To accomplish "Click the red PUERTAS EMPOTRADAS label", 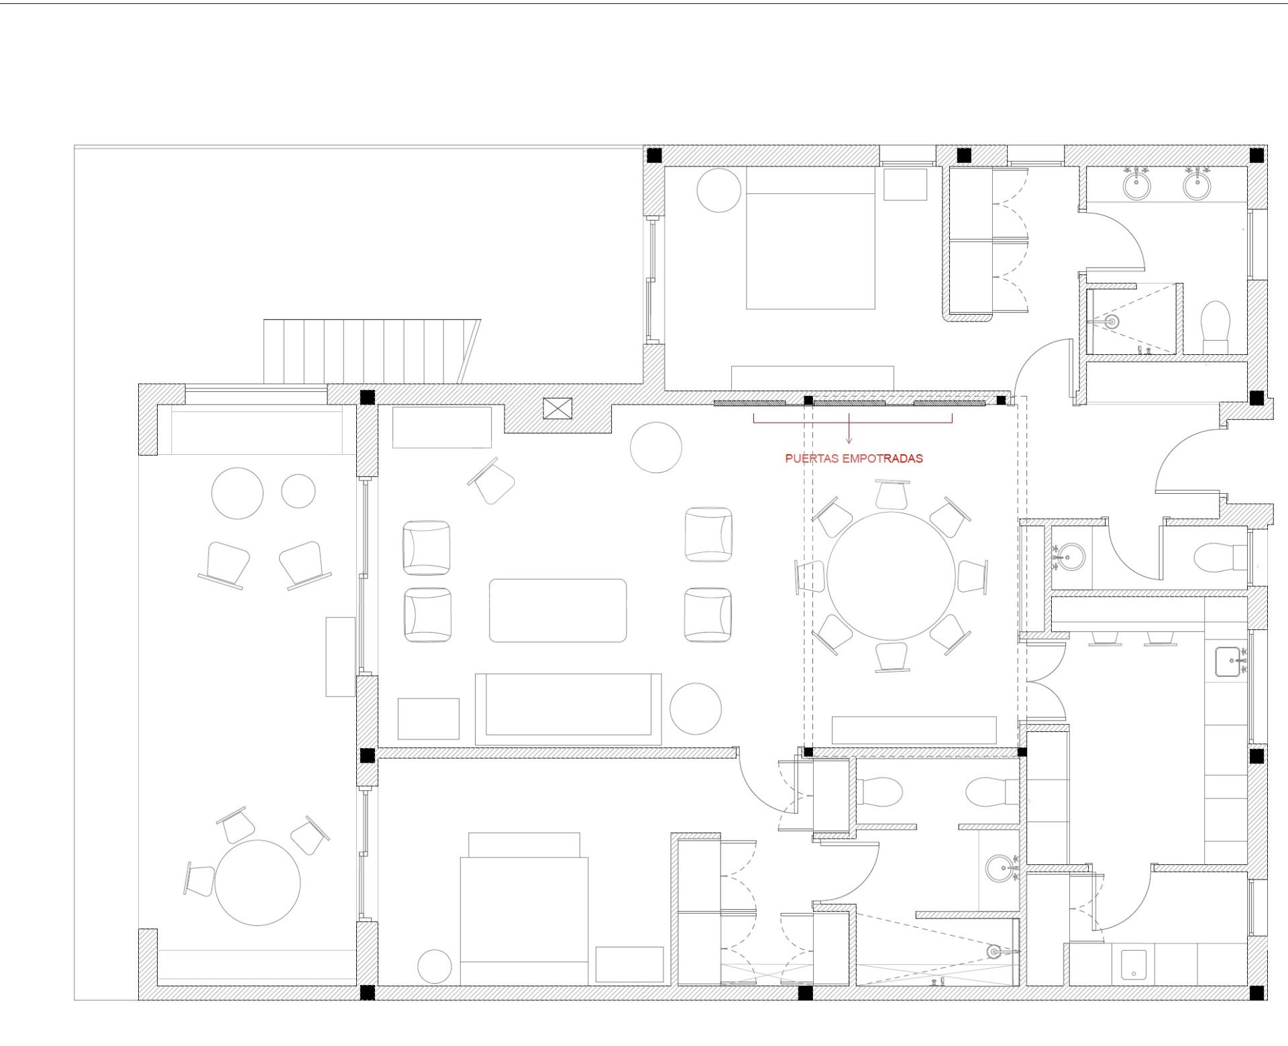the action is click(854, 459).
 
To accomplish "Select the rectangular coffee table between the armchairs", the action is click(557, 611).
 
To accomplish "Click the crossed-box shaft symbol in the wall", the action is click(558, 408).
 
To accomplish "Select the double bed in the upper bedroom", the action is click(811, 238).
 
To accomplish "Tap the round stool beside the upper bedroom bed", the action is click(719, 191).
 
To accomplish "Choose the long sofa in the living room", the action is click(568, 709).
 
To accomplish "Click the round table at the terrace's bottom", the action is click(258, 882).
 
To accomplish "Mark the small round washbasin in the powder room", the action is click(1068, 556).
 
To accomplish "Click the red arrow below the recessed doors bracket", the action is click(849, 429).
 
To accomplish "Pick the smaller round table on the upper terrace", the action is click(298, 491).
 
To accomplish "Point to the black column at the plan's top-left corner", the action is click(654, 156).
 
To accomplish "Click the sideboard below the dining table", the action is click(914, 729).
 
